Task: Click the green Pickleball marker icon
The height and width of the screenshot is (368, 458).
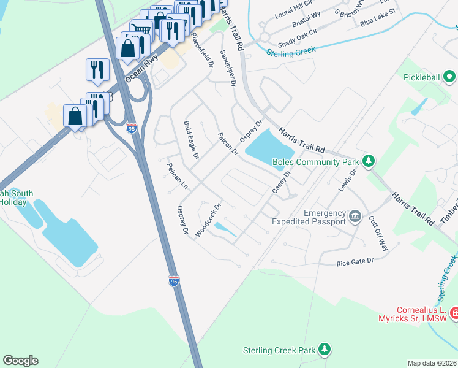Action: [x=449, y=78]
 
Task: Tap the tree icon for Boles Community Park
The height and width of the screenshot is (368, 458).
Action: [x=368, y=161]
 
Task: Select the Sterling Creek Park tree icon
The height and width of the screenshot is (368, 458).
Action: [x=325, y=350]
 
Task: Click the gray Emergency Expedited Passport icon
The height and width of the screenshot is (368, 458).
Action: [x=355, y=217]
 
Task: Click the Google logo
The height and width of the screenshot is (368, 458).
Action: [x=20, y=361]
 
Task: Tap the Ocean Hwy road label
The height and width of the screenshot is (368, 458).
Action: [x=141, y=66]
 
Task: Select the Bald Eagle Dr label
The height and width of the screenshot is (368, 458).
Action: [x=192, y=140]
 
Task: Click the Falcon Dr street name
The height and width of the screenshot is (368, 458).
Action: [x=228, y=142]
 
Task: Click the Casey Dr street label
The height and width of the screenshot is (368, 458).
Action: [x=280, y=182]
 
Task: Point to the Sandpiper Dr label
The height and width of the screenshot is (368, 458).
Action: [x=228, y=68]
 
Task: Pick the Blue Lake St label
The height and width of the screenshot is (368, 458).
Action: [x=378, y=17]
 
